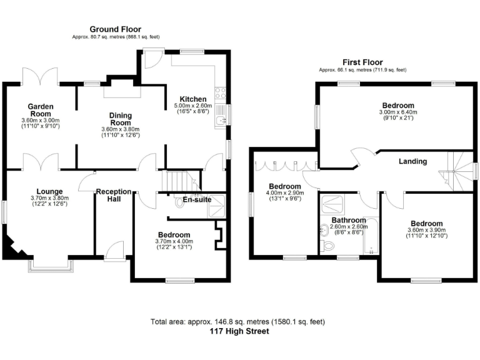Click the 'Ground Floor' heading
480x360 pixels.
115,29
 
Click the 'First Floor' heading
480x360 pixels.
362,62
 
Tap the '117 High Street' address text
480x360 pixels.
239,331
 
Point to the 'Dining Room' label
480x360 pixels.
120,119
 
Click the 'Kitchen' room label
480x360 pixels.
193,99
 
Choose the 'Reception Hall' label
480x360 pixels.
113,196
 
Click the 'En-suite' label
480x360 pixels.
196,201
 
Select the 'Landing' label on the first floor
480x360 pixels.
412,161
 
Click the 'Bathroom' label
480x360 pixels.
349,220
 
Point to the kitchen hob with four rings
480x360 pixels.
220,93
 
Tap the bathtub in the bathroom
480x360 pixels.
371,236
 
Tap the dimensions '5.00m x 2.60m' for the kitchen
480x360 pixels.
193,107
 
